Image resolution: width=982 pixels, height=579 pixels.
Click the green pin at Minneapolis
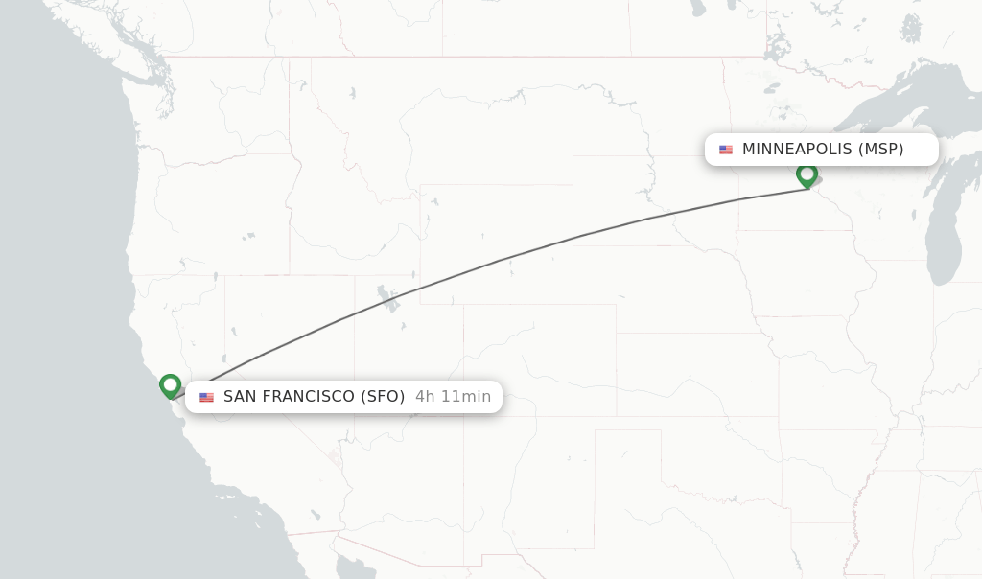pos(807,175)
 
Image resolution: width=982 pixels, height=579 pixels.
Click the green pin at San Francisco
pos(171,385)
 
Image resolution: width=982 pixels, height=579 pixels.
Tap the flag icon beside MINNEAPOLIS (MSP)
pos(726,150)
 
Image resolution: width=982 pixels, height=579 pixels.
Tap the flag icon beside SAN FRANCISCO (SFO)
pos(207,397)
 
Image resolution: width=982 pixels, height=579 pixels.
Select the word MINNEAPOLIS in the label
pos(797,150)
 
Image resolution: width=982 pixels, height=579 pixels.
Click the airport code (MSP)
pos(880,150)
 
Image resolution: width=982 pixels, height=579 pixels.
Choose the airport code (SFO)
pos(383,397)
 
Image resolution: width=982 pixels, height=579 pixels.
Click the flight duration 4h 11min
pos(453,397)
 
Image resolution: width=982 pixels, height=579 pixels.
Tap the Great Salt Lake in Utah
pos(388,298)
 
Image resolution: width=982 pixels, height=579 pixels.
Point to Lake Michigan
pos(945,240)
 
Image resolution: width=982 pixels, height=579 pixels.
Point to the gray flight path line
pos(499,259)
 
